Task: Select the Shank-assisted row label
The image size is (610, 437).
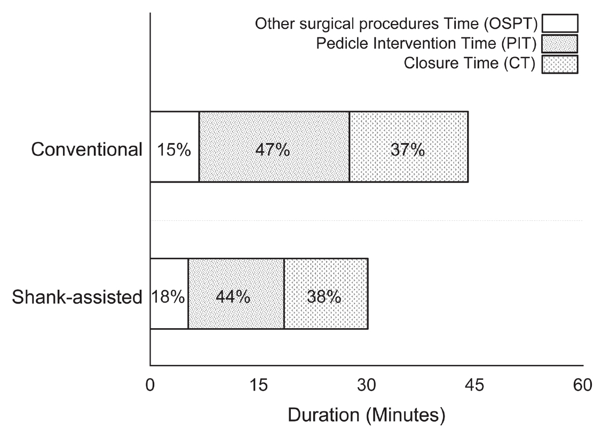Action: (x=77, y=297)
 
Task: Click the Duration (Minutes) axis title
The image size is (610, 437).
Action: (x=366, y=414)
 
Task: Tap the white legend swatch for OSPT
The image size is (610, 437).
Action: (x=560, y=24)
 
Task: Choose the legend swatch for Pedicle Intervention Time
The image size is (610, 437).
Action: (x=560, y=44)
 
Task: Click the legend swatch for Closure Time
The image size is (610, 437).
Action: (x=560, y=64)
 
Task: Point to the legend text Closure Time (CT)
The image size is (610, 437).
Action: (x=469, y=64)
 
